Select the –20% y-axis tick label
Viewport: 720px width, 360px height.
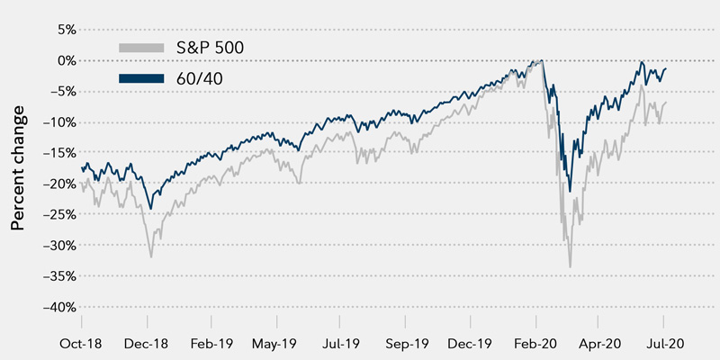pos(55,183)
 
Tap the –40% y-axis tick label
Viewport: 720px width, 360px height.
pos(55,306)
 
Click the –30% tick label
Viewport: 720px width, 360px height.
pos(55,245)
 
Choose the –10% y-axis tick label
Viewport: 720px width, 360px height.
pos(55,121)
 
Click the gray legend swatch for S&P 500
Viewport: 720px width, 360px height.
pos(141,47)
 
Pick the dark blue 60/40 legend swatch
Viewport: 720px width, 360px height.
pos(141,78)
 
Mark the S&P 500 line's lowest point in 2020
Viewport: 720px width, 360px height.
pos(571,267)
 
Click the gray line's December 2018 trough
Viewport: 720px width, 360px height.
pos(151,257)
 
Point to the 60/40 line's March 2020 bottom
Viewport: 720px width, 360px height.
pos(571,191)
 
